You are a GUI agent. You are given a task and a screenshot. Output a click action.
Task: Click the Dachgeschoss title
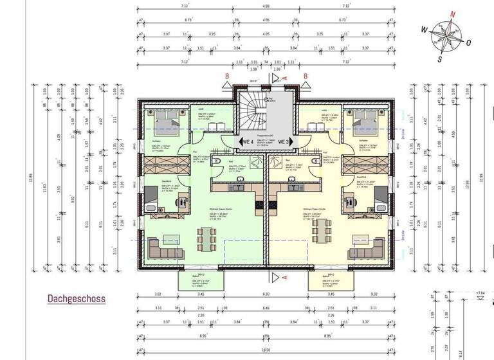(x=76, y=299)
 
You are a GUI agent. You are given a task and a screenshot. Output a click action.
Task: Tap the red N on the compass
(x=452, y=14)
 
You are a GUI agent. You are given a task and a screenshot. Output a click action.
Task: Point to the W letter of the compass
(x=425, y=29)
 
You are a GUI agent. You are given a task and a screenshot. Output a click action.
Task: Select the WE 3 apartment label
(x=284, y=141)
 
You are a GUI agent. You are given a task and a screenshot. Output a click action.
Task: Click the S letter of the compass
(x=439, y=59)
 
